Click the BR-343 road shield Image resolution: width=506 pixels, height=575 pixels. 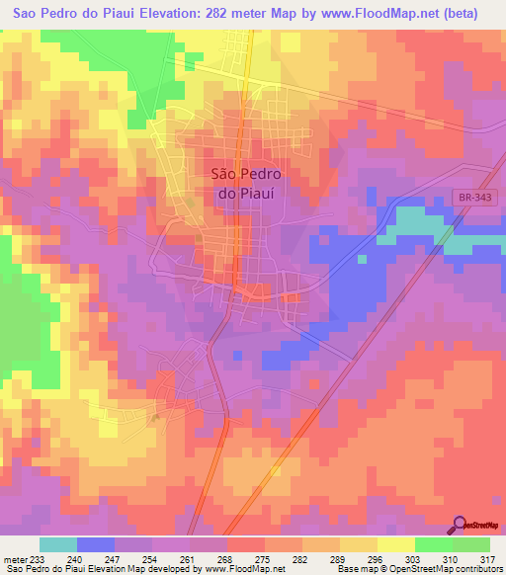[472, 199]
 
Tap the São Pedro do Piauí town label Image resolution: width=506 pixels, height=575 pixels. [246, 183]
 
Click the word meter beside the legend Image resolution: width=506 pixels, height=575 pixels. [16, 559]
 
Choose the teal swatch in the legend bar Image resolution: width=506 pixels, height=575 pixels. [58, 544]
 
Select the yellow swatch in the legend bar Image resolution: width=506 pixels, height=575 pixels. [395, 544]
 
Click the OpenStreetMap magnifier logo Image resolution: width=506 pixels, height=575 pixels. [460, 524]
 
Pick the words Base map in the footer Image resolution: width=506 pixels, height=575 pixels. [351, 570]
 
